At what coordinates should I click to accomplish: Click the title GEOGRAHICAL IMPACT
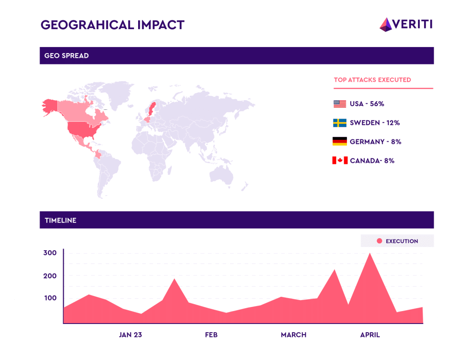(x=113, y=24)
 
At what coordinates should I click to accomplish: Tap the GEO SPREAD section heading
(x=67, y=56)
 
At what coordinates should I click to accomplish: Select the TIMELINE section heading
(x=61, y=220)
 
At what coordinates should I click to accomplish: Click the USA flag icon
(x=340, y=104)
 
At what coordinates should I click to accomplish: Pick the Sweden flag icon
(x=340, y=123)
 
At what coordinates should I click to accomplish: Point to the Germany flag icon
(x=340, y=142)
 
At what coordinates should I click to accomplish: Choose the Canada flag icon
(x=340, y=161)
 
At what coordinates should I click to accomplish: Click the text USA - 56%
(x=367, y=104)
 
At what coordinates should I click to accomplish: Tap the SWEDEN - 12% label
(x=375, y=123)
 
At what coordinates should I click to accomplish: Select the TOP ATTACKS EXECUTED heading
(x=372, y=80)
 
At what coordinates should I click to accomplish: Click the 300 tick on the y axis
(x=50, y=253)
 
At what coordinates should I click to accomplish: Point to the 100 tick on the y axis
(x=50, y=298)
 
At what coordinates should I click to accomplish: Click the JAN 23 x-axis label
(x=130, y=335)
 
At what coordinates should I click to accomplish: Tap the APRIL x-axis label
(x=370, y=335)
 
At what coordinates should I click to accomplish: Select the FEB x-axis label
(x=211, y=335)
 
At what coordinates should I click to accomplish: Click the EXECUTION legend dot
(x=380, y=241)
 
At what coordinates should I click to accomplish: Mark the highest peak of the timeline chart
(x=369, y=253)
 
